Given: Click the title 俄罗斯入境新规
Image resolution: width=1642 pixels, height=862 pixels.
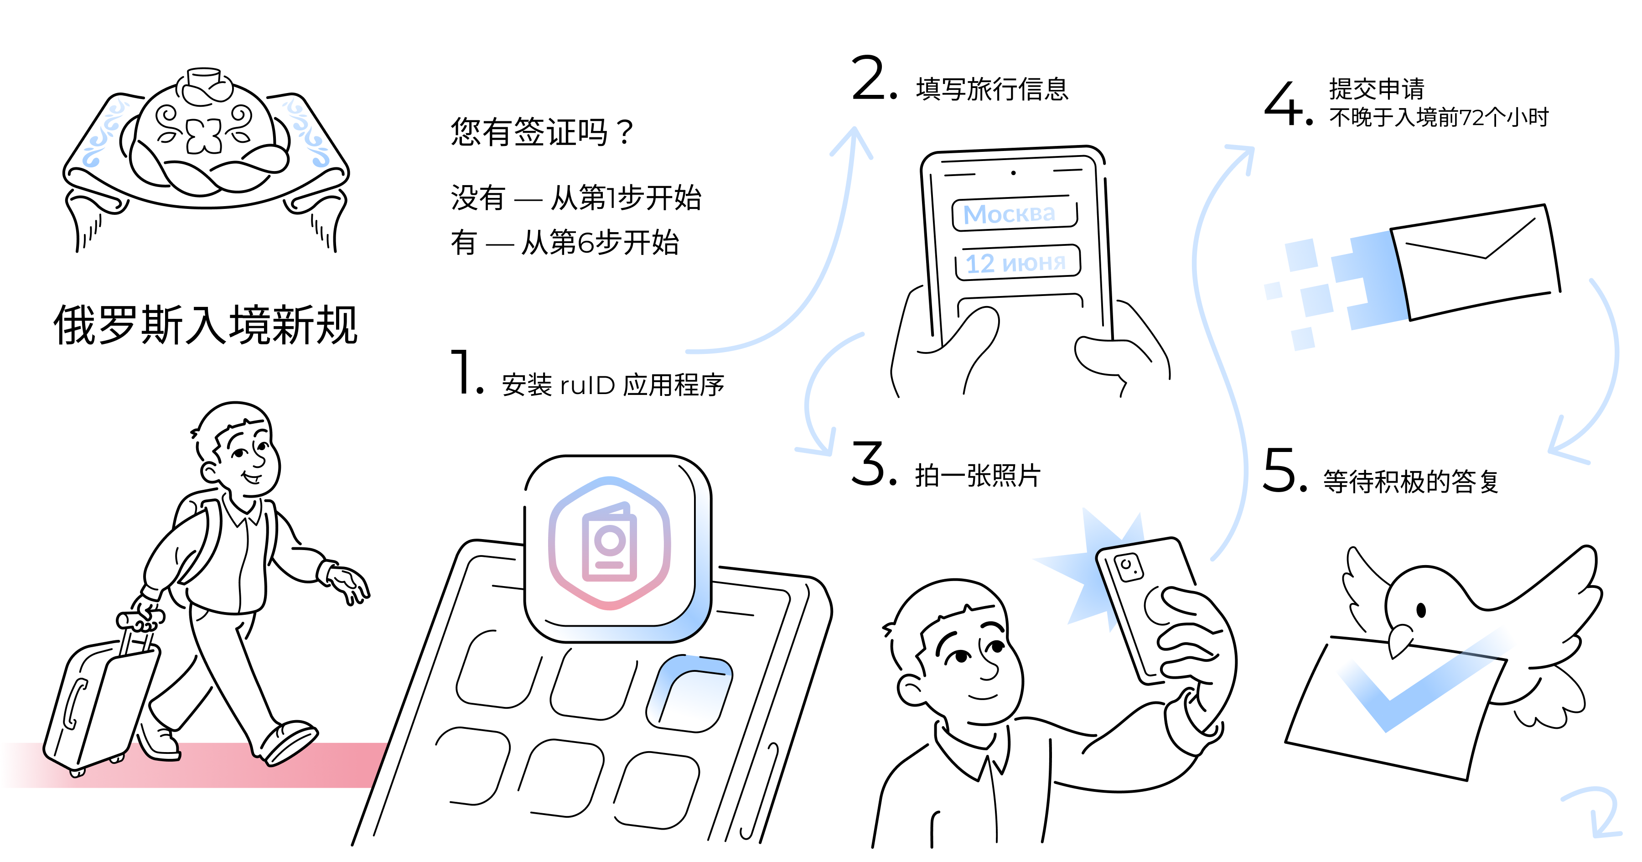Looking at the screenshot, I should pos(205,325).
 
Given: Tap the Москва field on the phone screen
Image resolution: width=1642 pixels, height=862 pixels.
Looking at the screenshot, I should pos(1014,213).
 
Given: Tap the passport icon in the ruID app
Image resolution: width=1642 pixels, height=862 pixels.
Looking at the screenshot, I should pos(609,542).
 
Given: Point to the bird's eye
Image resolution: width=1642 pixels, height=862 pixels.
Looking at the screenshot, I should pos(1421,610).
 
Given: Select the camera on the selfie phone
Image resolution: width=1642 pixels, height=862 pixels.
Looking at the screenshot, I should pos(1128,567).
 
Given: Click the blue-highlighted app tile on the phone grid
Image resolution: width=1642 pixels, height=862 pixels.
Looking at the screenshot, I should pos(690,693).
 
